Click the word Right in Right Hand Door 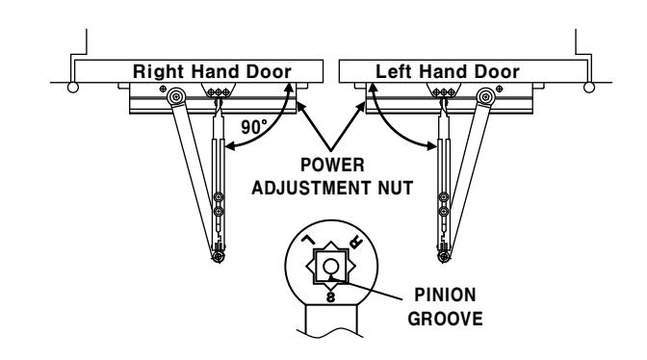click(158, 72)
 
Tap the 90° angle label click(254, 127)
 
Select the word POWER click(332, 165)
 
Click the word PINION click(445, 296)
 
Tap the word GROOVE click(445, 319)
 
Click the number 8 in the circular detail click(330, 296)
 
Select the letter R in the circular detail click(355, 242)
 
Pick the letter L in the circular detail click(307, 240)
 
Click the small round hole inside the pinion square click(330, 267)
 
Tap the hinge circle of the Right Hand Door click(72, 88)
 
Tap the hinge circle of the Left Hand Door click(589, 88)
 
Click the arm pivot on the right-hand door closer click(176, 97)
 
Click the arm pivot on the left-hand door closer click(485, 97)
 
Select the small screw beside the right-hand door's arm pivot click(163, 89)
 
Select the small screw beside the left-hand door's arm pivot click(500, 89)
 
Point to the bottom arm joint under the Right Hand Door click(219, 257)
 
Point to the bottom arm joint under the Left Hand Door click(444, 257)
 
